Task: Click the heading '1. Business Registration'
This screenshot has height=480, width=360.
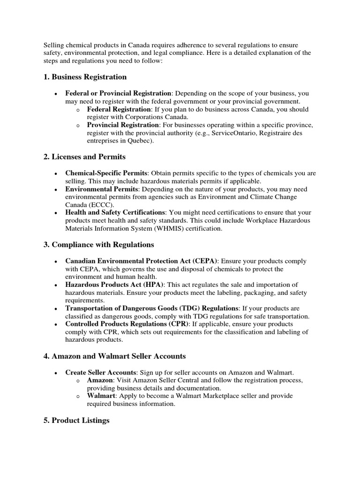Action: [85, 76]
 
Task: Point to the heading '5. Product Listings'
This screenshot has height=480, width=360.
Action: [76, 420]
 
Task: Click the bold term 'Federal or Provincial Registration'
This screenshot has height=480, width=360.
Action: [118, 93]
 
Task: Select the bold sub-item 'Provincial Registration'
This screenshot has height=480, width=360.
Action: [123, 125]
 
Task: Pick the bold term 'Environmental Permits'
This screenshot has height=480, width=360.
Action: [98, 189]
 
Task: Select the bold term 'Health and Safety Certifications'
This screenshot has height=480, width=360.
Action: [115, 213]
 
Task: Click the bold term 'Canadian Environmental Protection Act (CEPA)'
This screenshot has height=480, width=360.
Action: [141, 261]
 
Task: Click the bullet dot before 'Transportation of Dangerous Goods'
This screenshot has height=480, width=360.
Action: [56, 309]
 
